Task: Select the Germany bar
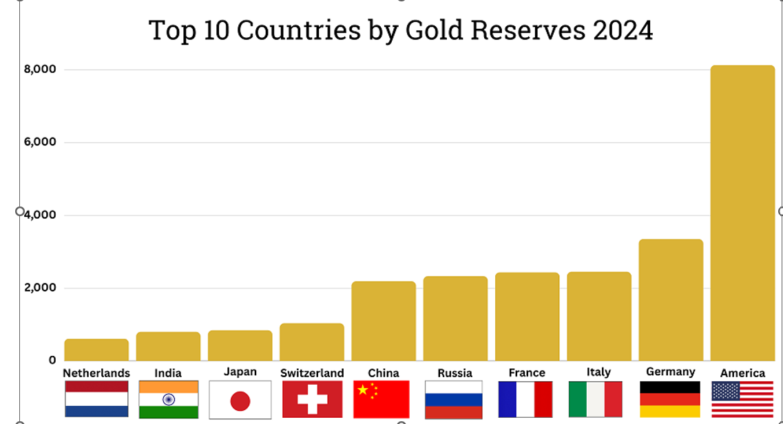[x=671, y=299]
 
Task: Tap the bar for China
[x=384, y=321]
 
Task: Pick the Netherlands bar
[x=96, y=350]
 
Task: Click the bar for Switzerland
[x=312, y=342]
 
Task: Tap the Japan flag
[x=240, y=400]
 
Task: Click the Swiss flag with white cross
[x=312, y=400]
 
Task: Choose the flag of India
[x=168, y=400]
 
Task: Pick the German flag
[x=670, y=399]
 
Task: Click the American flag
[x=742, y=400]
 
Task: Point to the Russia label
[x=455, y=373]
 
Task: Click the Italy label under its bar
[x=598, y=372]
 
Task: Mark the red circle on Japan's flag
[x=240, y=401]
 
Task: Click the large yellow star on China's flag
[x=363, y=390]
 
